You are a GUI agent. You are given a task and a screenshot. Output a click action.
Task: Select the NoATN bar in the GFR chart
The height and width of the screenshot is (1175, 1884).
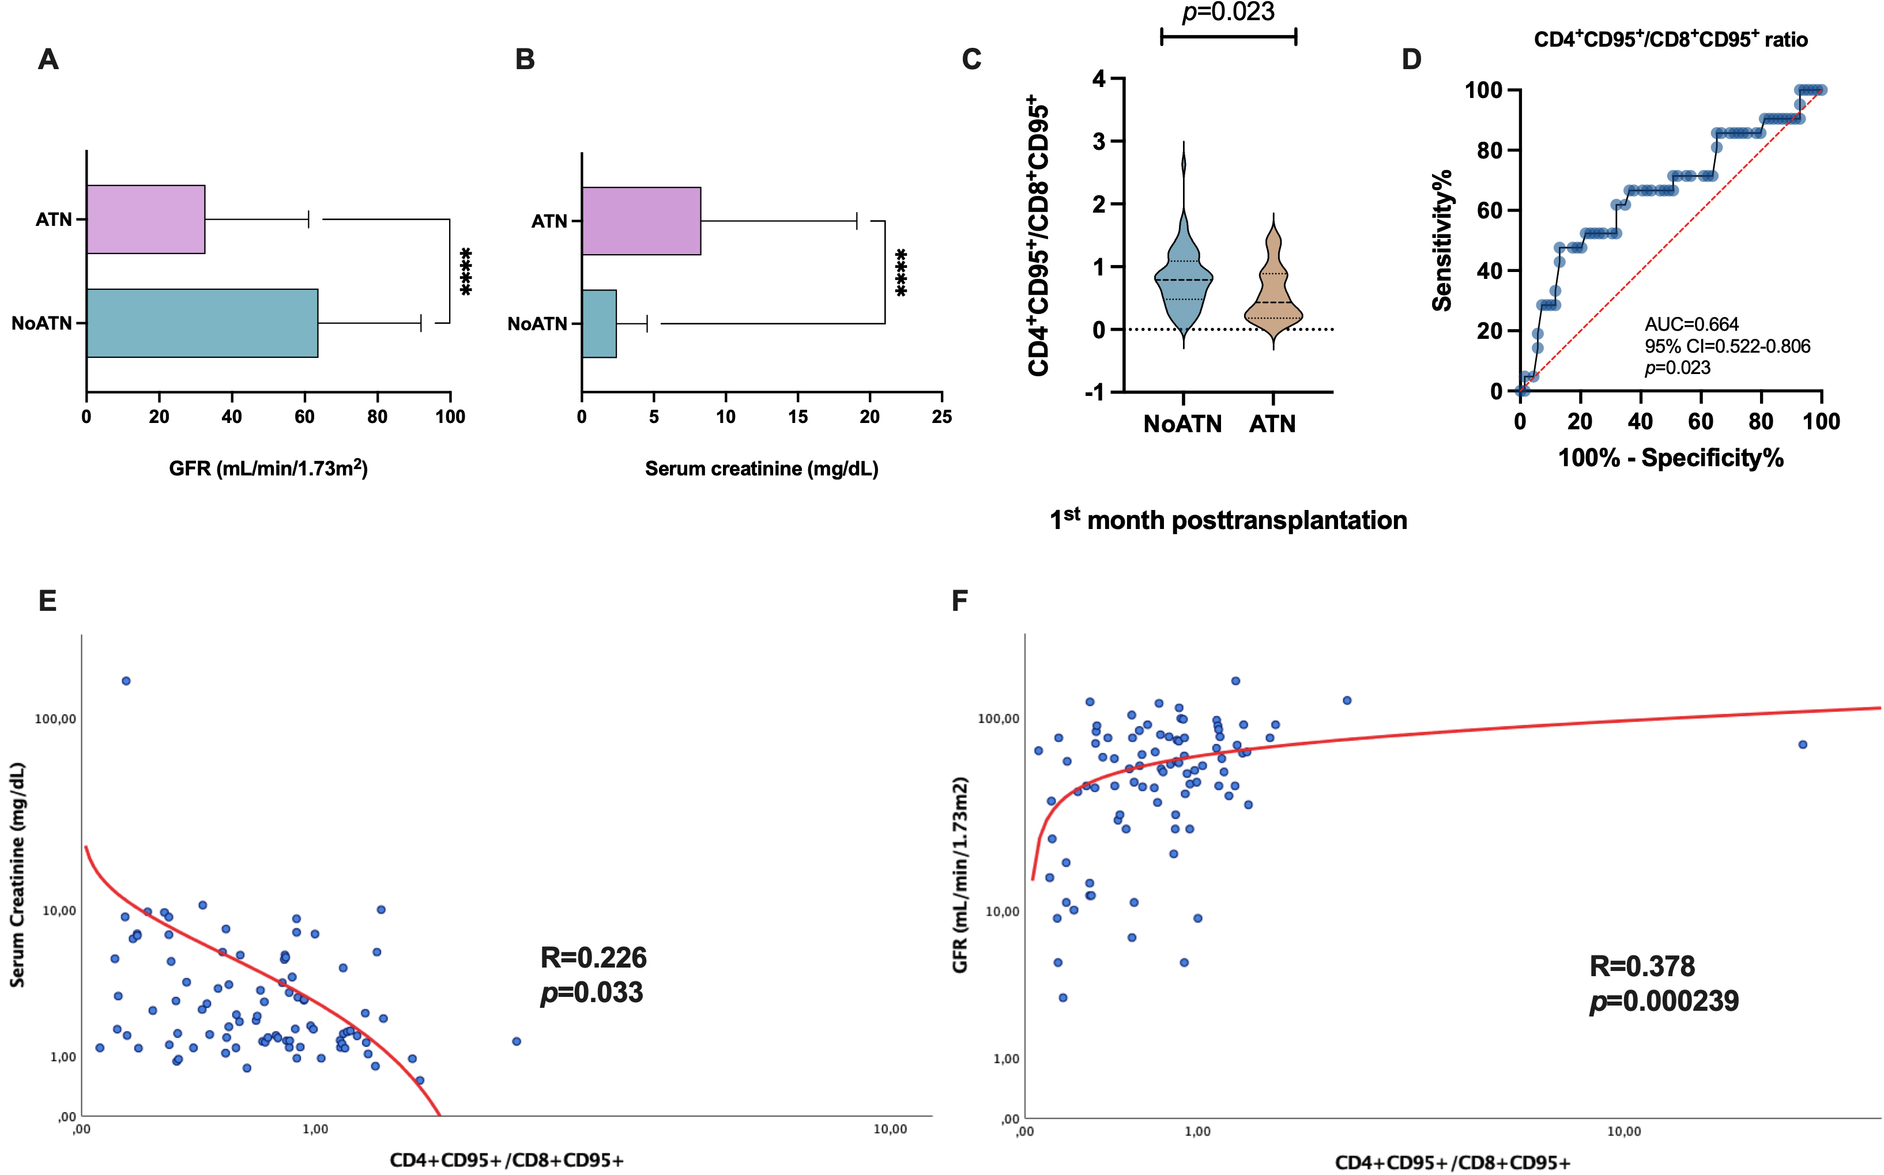202,323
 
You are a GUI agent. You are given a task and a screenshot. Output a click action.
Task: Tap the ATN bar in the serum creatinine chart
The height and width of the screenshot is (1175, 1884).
641,221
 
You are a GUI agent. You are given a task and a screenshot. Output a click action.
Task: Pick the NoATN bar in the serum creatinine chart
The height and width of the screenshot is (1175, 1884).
599,323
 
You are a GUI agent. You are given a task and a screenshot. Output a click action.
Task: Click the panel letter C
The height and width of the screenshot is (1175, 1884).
971,60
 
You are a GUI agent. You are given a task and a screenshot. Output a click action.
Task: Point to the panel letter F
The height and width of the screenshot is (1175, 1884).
960,600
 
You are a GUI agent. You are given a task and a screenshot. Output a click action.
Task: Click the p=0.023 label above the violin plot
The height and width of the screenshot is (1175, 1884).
1228,13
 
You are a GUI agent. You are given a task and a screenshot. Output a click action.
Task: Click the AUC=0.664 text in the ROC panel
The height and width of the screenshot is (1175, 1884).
1691,324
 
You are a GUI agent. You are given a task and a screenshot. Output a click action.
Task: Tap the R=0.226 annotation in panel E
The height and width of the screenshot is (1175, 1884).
594,957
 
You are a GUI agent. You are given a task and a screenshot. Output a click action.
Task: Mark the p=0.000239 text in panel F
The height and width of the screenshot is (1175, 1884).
1664,1001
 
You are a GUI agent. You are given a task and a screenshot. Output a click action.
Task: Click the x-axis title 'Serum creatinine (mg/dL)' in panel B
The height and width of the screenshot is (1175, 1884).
762,469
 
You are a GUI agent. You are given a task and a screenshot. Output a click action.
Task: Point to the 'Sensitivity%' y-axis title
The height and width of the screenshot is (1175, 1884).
1442,240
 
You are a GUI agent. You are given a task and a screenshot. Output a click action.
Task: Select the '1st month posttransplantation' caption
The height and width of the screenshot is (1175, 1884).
1228,520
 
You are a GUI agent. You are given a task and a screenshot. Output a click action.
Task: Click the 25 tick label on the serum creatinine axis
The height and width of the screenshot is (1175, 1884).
942,417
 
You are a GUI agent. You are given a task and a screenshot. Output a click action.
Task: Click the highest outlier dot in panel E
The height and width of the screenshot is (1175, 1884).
126,681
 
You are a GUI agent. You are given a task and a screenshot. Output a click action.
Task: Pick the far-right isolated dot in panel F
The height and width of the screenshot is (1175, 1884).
1802,745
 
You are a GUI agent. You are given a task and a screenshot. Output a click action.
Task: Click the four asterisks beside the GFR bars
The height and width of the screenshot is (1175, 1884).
466,271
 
